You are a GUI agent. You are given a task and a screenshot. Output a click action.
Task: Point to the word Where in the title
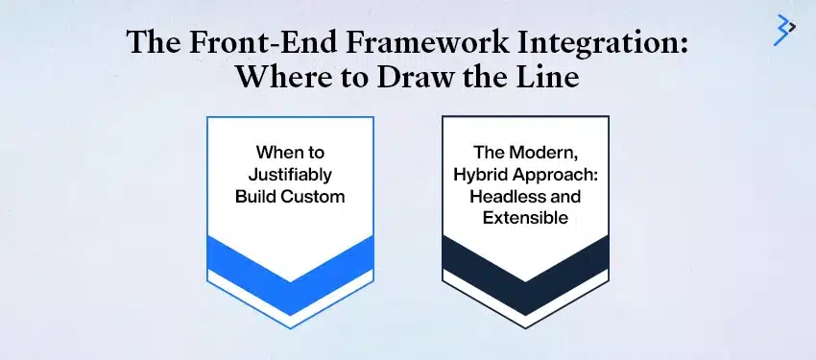tap(287, 78)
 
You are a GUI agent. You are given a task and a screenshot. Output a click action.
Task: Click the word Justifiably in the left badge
tap(290, 174)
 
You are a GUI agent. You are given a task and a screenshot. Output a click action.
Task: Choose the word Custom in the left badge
tap(312, 196)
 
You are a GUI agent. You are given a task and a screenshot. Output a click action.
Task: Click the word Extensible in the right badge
tap(525, 218)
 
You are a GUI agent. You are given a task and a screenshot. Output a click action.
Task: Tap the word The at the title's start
tap(154, 45)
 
